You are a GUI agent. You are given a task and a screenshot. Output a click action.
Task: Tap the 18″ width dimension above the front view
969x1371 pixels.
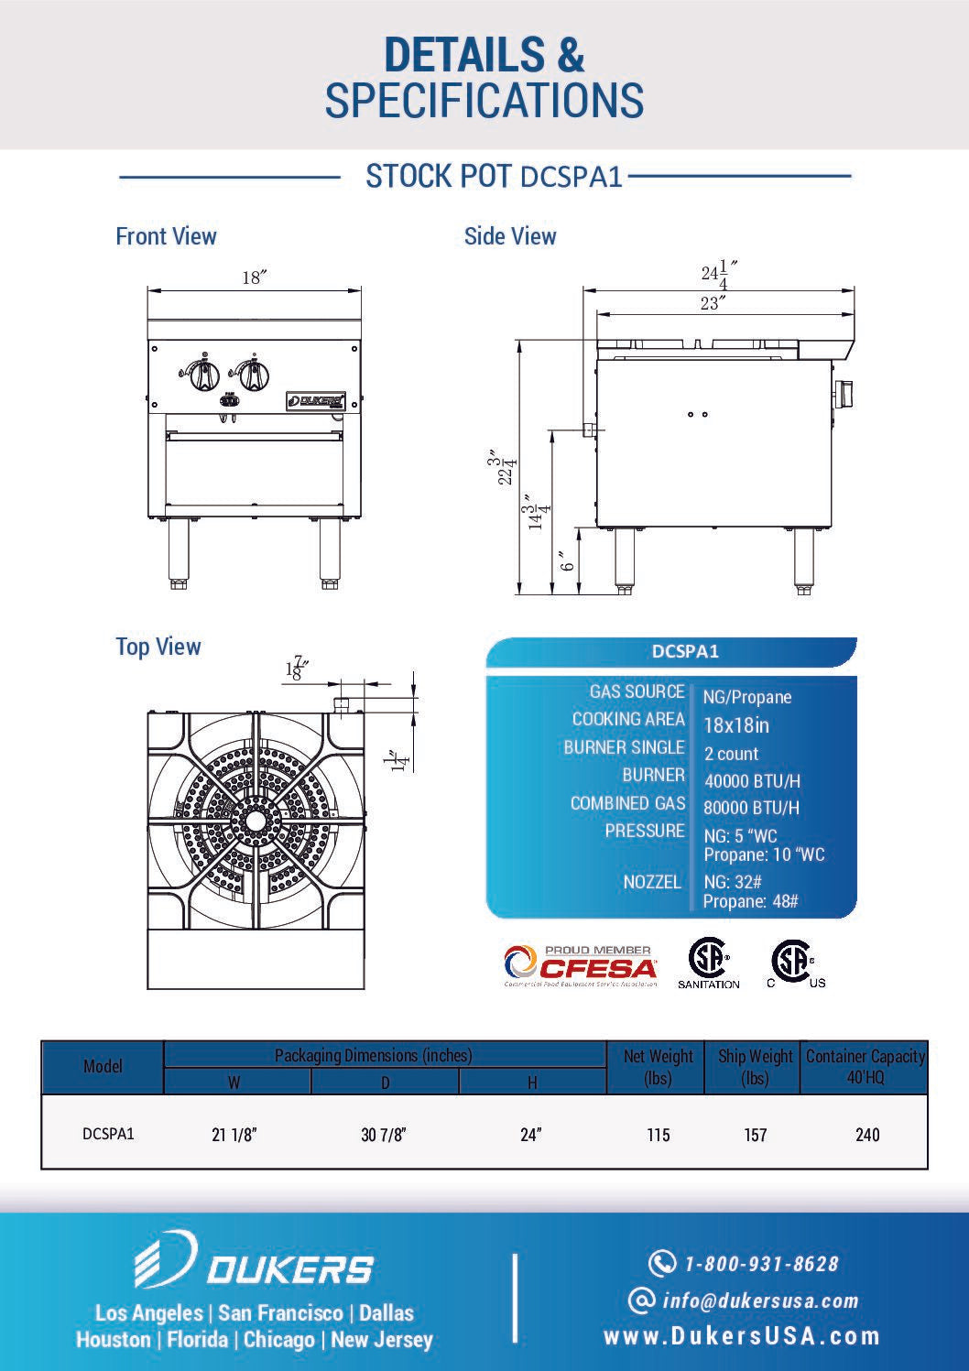254,277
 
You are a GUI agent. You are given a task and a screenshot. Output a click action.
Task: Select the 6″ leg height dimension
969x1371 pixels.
568,560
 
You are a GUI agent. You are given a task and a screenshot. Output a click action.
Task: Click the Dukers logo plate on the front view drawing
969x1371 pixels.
316,400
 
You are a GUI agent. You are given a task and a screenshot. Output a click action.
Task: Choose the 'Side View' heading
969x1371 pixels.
510,236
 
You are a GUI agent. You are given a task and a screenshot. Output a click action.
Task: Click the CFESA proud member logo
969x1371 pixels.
581,965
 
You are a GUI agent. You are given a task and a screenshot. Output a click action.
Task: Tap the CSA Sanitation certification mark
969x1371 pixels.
708,963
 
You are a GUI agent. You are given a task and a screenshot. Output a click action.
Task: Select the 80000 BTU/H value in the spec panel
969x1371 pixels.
751,808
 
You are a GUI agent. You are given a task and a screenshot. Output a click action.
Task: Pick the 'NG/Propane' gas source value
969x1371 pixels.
746,697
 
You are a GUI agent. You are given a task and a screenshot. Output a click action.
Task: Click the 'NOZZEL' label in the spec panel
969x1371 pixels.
652,882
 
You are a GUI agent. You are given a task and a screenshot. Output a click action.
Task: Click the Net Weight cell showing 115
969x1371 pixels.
658,1135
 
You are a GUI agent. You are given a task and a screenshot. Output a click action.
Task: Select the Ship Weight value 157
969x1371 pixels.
755,1135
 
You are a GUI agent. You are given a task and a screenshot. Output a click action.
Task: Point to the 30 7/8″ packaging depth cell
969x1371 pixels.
383,1135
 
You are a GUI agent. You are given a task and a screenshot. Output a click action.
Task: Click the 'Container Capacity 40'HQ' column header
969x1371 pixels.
865,1067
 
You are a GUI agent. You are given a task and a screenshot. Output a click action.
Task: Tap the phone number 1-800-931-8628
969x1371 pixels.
761,1264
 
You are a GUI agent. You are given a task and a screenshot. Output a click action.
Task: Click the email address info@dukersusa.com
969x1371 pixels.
760,1300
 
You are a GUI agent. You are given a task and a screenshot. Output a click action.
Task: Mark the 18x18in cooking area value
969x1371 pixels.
735,725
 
